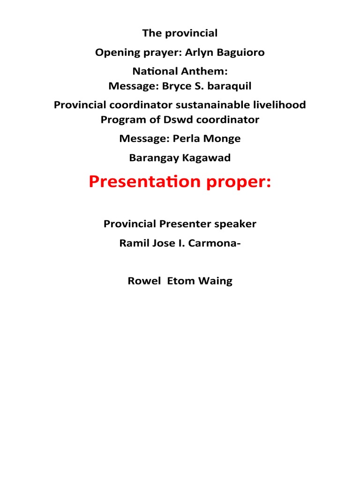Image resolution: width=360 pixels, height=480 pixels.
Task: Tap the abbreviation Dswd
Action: [x=179, y=120]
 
